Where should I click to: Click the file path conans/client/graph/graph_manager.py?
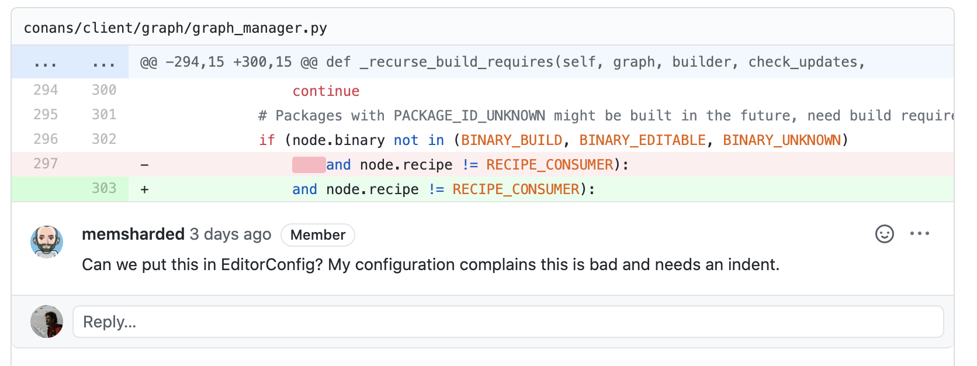tap(175, 28)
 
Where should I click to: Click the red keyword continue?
tap(326, 91)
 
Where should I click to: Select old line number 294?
tap(46, 90)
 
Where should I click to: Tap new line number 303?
tap(104, 188)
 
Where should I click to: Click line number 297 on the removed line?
tap(46, 164)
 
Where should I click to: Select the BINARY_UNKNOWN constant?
tap(782, 140)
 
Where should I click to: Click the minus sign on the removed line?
tap(144, 165)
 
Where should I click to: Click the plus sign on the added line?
tap(144, 189)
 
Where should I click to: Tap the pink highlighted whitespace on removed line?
tap(309, 165)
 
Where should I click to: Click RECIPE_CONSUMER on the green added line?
tap(516, 189)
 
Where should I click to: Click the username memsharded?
tap(133, 234)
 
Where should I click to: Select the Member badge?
tap(318, 235)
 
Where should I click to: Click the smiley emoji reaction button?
tap(884, 234)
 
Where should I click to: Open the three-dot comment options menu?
tap(919, 234)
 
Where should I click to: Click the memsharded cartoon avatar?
tap(47, 242)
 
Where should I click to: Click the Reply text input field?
tap(508, 322)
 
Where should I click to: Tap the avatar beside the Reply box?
tap(47, 322)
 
